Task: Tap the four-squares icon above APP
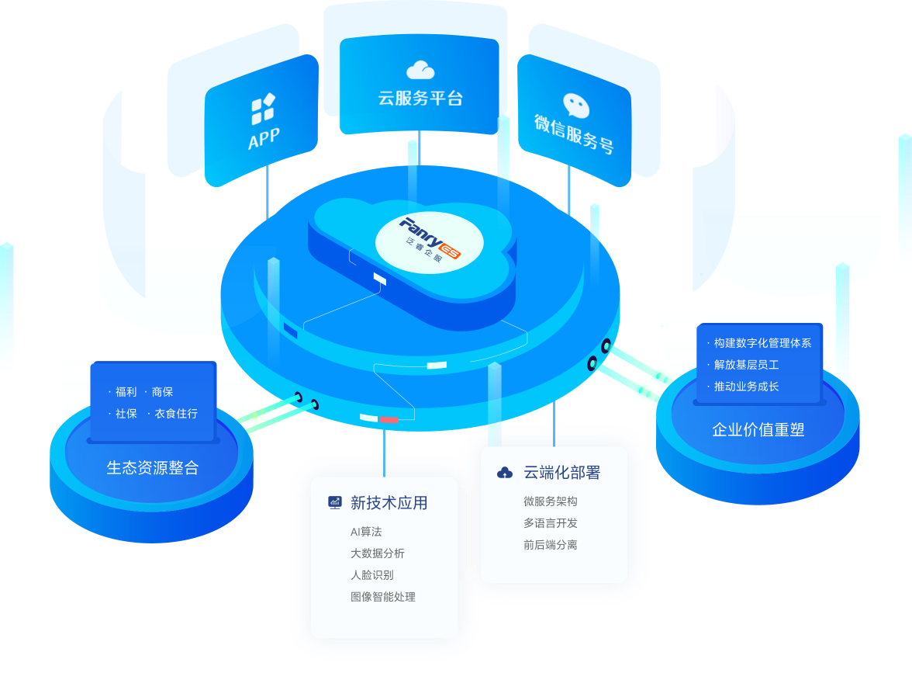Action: (x=263, y=109)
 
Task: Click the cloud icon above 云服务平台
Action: (x=420, y=70)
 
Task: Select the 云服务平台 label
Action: (x=420, y=99)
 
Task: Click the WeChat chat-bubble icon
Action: (x=575, y=106)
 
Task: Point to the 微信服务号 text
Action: (x=574, y=134)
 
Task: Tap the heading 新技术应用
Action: (x=389, y=503)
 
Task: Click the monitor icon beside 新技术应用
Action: (x=335, y=502)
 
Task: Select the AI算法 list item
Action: (x=366, y=532)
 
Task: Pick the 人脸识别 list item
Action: (x=371, y=575)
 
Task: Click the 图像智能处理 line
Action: (x=382, y=597)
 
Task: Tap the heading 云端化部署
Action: (x=561, y=472)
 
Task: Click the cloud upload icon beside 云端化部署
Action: (x=505, y=472)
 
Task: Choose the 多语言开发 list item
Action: (x=550, y=523)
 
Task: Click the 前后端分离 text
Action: (x=550, y=545)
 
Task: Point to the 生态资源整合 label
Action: (x=152, y=468)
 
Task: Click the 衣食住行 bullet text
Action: (x=176, y=414)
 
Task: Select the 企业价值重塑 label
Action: (x=758, y=430)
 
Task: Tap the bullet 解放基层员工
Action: (x=746, y=365)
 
